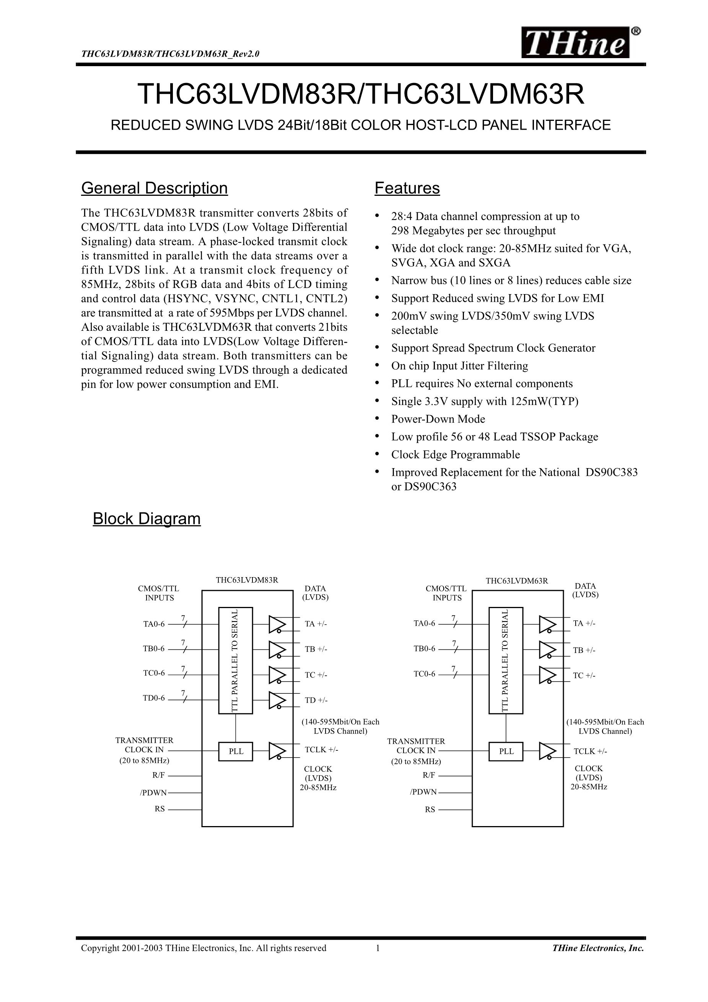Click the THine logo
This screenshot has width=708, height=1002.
pyautogui.click(x=576, y=43)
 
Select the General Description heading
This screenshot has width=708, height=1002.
pyautogui.click(x=154, y=188)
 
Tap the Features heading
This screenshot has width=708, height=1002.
pyautogui.click(x=407, y=188)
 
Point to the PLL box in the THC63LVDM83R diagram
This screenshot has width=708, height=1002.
pyautogui.click(x=236, y=751)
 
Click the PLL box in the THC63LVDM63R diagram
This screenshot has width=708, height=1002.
pyautogui.click(x=506, y=751)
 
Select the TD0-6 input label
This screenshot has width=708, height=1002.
pyautogui.click(x=154, y=698)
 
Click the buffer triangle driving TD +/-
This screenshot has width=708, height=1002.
pyautogui.click(x=276, y=699)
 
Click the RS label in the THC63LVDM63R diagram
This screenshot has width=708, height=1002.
pyautogui.click(x=430, y=810)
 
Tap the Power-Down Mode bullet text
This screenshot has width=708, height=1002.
pyautogui.click(x=438, y=419)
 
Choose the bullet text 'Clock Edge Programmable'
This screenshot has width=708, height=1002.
pyautogui.click(x=455, y=454)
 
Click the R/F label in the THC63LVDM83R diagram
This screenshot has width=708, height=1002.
pyautogui.click(x=158, y=775)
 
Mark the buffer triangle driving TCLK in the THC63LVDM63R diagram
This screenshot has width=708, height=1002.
pyautogui.click(x=547, y=751)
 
